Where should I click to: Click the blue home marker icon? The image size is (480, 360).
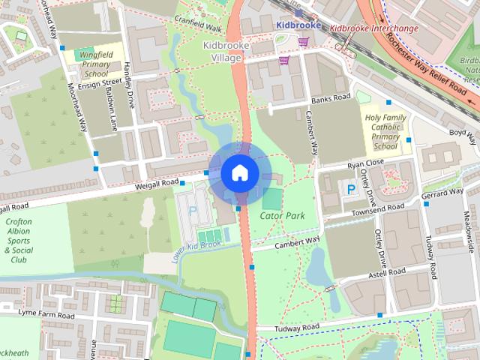239,172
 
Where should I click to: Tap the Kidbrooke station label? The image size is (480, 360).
298,25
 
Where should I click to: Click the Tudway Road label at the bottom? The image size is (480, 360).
298,328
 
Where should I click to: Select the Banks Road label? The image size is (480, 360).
330,98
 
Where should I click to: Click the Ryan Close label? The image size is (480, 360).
365,163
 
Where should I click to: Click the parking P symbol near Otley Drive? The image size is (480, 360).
350,190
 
